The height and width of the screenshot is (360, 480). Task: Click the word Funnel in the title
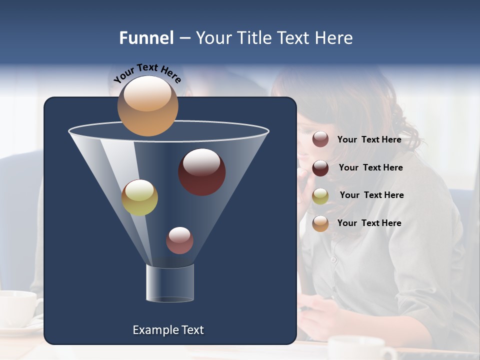click(x=146, y=38)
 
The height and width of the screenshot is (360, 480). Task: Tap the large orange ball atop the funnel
click(x=147, y=105)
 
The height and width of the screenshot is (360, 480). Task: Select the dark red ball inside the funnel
click(x=201, y=171)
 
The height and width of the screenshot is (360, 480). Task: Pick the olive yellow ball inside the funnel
click(x=139, y=197)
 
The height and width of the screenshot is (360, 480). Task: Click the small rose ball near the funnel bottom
click(x=179, y=240)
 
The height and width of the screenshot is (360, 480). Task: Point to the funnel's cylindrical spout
click(x=170, y=283)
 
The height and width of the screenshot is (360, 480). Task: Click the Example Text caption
click(x=168, y=330)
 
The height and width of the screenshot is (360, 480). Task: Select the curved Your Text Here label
click(x=147, y=73)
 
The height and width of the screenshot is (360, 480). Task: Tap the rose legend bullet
click(x=320, y=139)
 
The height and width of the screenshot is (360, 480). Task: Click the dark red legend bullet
click(x=320, y=168)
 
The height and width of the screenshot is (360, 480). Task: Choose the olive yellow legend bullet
click(x=320, y=195)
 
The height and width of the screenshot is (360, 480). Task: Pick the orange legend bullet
click(x=320, y=223)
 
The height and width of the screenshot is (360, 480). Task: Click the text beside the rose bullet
click(x=369, y=140)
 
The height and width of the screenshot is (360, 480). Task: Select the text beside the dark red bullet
click(x=370, y=168)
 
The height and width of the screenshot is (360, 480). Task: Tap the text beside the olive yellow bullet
click(x=371, y=195)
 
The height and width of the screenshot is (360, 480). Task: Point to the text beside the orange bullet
click(x=369, y=223)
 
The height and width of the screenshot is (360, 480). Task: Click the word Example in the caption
click(x=152, y=330)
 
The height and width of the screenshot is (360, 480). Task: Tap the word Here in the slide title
click(x=333, y=38)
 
